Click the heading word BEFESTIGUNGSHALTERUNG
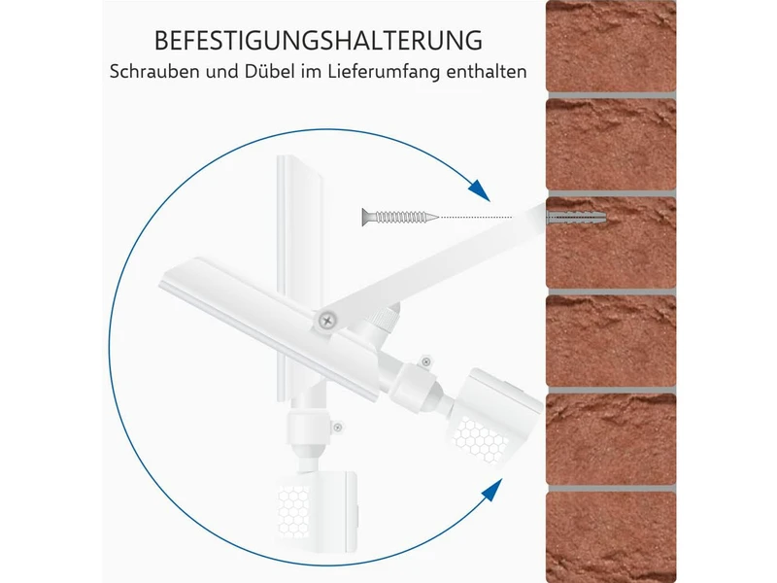[x=319, y=41]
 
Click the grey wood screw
[x=400, y=217]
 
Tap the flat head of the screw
[x=366, y=217]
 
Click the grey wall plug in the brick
[x=576, y=218]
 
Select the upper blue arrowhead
[x=479, y=190]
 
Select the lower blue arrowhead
[x=492, y=490]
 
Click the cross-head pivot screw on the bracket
[x=326, y=321]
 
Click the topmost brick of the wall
[x=611, y=46]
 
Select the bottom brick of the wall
[x=611, y=537]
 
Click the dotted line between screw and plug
[x=476, y=217]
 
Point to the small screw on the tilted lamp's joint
[x=425, y=360]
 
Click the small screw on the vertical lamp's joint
[x=337, y=428]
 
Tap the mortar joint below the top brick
[x=611, y=95]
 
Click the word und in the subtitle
[x=222, y=72]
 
